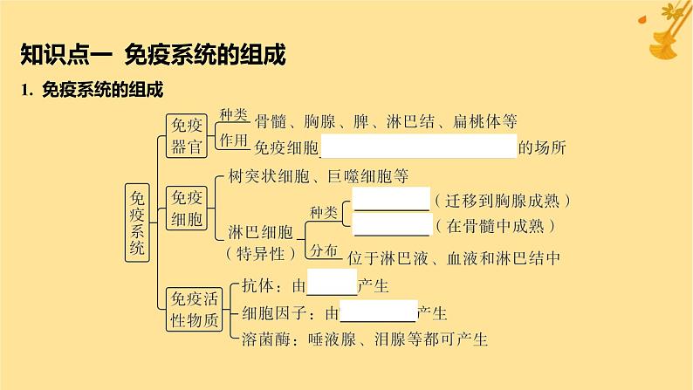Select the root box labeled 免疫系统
137,218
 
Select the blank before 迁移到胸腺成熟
391,200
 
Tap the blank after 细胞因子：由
378,311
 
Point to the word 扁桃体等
491,121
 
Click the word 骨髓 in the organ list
269,121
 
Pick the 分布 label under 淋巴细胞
324,251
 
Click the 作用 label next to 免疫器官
234,140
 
